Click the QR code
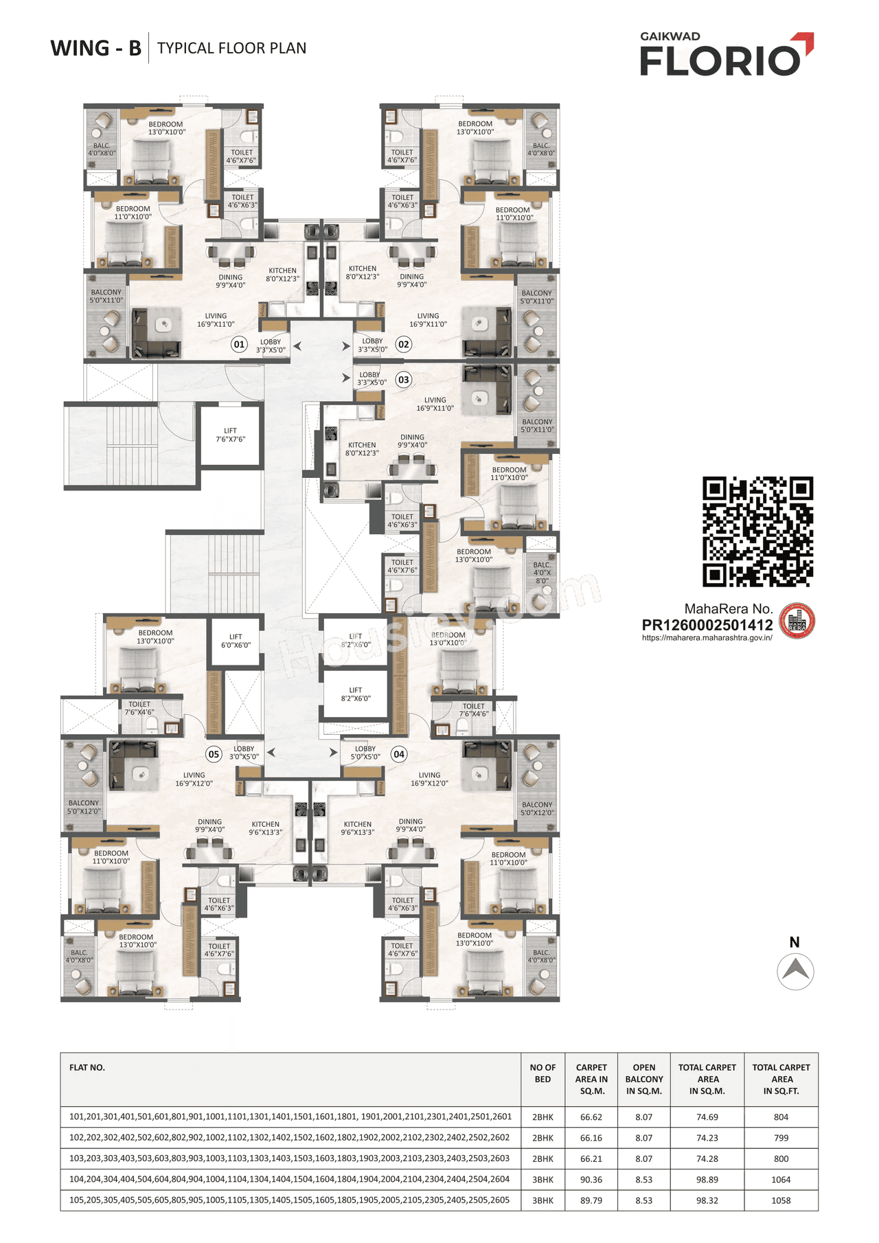pos(757,532)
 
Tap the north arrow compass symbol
pos(795,970)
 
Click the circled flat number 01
pos(239,344)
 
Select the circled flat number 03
pos(404,380)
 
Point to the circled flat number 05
pos(214,754)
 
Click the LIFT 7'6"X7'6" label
pos(230,435)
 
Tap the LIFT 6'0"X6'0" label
pos(236,641)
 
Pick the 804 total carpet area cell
pos(781,1117)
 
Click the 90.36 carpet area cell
pos(591,1180)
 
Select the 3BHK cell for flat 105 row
pos(543,1200)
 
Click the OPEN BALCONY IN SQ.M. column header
pos(643,1079)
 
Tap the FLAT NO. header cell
pos(87,1068)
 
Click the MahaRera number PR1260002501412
pos(707,626)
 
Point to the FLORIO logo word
pos(720,60)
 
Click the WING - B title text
pos(96,49)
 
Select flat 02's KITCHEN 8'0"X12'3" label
pos(363,273)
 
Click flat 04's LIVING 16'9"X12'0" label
pos(429,779)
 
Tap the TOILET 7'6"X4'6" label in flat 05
pos(139,708)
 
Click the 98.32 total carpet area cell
pos(707,1200)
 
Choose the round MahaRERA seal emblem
pos(797,621)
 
